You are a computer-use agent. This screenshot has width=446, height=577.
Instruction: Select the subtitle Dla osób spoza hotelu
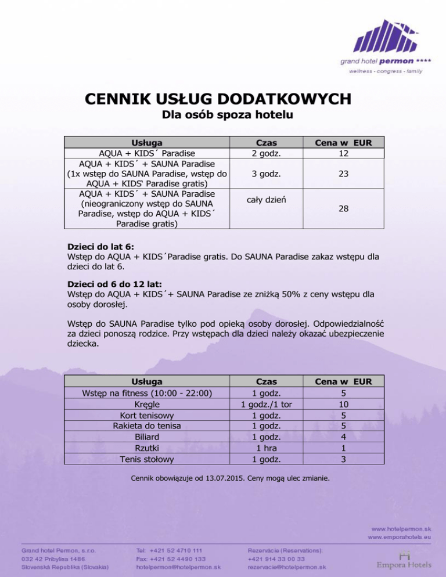(223, 115)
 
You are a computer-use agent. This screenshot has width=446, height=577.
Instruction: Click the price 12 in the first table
(344, 154)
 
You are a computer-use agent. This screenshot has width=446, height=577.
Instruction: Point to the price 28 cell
(344, 214)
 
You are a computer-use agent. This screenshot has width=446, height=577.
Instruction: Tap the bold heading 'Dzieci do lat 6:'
(101, 246)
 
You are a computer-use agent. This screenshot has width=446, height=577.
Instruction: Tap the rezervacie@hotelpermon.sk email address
(286, 567)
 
